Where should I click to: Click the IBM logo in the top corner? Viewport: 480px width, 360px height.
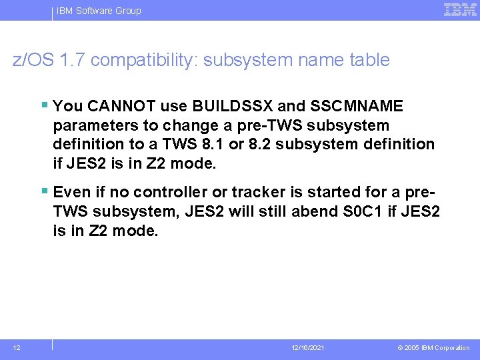[460, 9]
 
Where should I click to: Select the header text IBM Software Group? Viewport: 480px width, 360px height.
[99, 11]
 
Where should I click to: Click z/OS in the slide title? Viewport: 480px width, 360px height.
[34, 60]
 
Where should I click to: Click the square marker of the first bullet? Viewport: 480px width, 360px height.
[44, 105]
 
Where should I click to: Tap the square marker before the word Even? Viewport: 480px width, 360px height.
[44, 191]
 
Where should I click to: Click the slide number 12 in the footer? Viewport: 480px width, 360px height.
[17, 347]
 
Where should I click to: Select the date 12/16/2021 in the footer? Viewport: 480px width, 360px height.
[308, 348]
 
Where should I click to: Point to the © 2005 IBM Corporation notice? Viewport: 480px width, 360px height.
[433, 348]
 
